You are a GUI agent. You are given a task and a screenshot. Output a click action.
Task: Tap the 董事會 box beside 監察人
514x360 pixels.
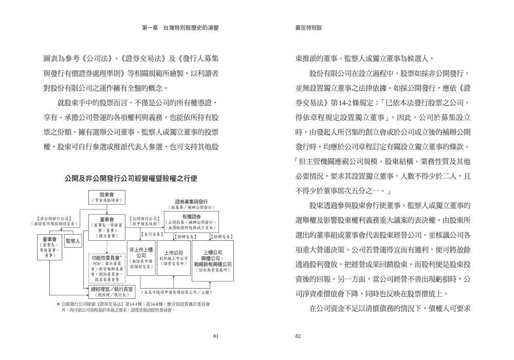point(50,247)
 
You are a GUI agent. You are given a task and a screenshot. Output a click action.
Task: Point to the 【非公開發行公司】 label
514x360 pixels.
point(56,218)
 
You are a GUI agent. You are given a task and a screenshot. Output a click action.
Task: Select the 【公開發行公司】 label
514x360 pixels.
point(144,218)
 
